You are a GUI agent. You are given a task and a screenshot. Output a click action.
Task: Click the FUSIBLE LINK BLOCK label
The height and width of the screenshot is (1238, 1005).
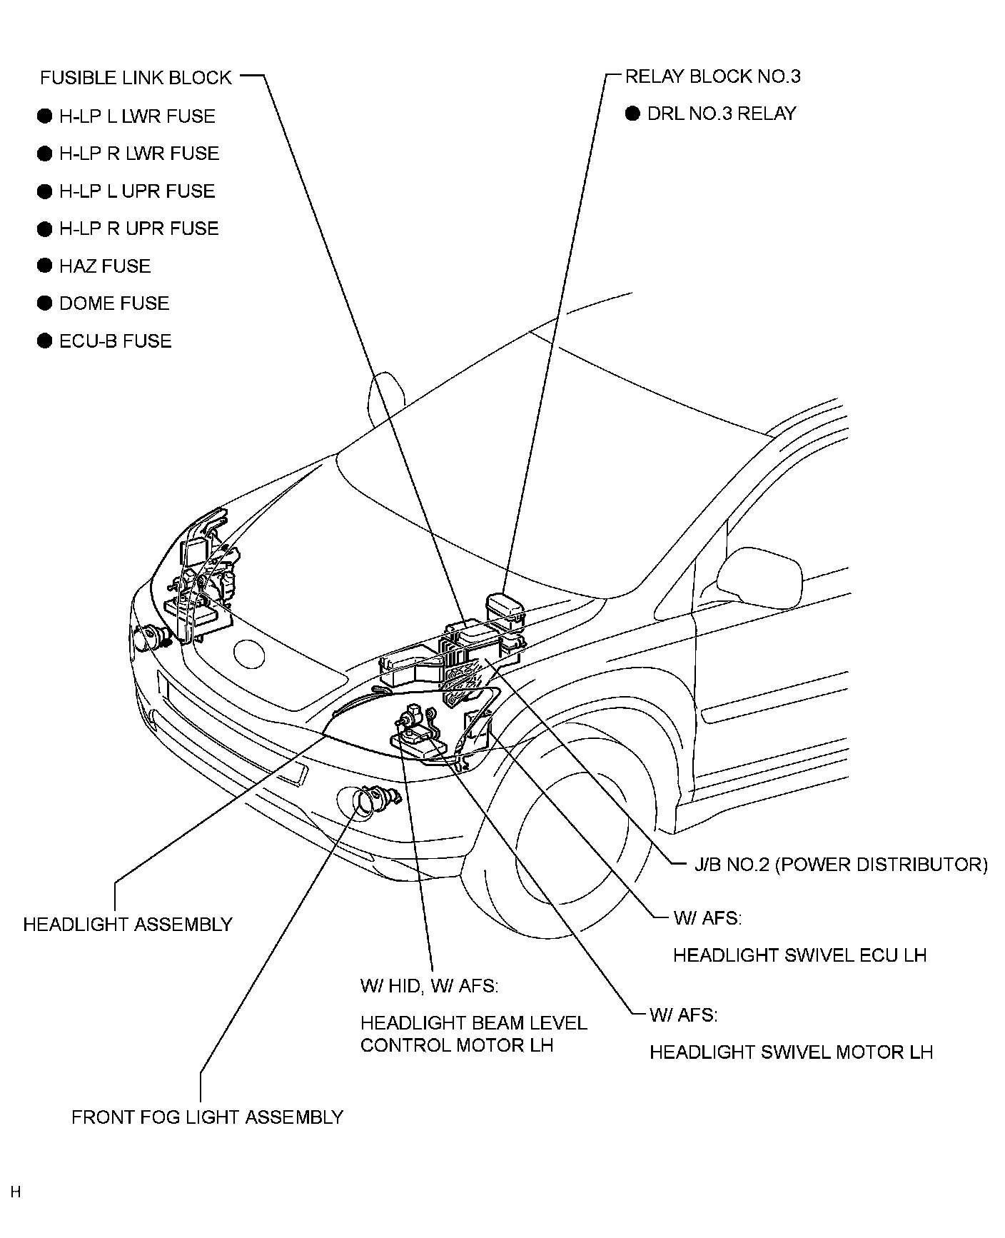pos(136,77)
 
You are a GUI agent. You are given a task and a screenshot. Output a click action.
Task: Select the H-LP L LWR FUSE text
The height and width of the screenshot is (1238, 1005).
pos(137,116)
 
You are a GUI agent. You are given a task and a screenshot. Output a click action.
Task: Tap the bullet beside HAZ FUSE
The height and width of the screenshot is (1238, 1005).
pos(45,266)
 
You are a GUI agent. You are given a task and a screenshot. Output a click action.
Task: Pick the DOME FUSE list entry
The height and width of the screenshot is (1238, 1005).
pos(114,303)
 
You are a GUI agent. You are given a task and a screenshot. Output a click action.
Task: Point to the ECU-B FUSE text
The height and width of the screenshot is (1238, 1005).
pos(116,341)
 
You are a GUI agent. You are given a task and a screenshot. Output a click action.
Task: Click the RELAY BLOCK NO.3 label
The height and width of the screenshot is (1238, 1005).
pos(712,76)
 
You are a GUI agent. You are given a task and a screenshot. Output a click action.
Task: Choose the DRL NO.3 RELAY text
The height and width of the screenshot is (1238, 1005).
pos(721,114)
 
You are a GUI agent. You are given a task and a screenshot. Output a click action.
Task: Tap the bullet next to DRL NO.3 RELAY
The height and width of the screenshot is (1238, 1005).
pos(632,114)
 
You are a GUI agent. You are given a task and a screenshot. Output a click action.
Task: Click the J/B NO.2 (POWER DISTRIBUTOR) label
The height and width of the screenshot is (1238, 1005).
pos(841,865)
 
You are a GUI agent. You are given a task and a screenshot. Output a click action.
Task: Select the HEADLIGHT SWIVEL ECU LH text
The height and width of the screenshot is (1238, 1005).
pos(799,955)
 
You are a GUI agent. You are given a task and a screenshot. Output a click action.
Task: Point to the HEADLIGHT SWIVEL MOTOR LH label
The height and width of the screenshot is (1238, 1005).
pos(791,1052)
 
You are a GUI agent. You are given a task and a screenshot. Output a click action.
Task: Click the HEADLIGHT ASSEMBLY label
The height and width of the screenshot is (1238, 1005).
pos(128,924)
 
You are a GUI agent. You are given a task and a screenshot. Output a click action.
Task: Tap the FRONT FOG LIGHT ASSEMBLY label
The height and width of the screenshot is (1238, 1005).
pos(207,1117)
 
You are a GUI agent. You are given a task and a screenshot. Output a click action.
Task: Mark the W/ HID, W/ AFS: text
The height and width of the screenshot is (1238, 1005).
pos(429,986)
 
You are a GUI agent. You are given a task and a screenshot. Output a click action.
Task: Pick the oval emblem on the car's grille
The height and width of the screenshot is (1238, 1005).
pos(250,653)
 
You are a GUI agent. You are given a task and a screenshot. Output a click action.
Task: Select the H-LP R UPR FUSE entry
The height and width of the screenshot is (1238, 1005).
pos(138,228)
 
